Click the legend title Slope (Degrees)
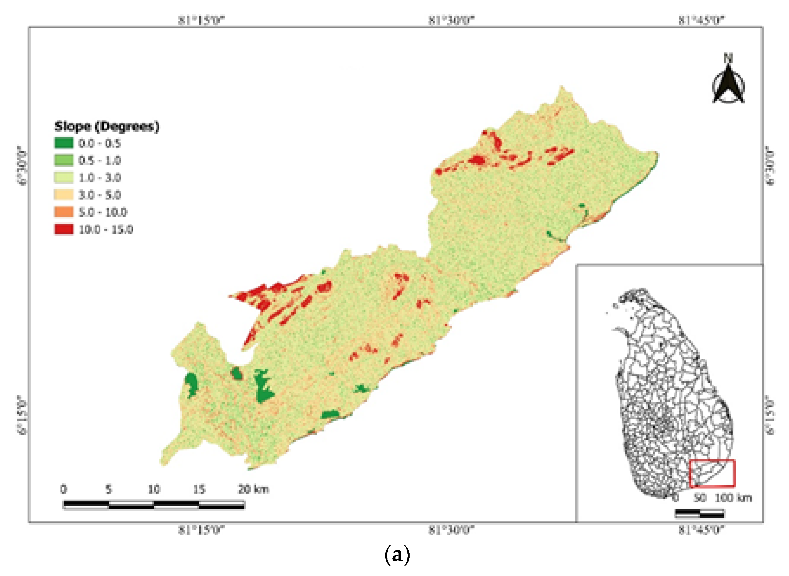[107, 126]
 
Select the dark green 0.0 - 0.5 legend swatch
[64, 143]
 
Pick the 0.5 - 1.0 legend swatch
[64, 160]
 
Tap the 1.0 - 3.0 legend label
[100, 178]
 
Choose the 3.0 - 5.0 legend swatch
[64, 195]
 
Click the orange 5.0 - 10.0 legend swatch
[64, 212]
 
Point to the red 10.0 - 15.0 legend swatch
[64, 229]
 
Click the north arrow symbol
[728, 84]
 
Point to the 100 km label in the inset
[733, 498]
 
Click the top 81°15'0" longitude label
[202, 20]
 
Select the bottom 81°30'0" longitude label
[452, 531]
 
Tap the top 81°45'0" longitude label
[701, 20]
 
